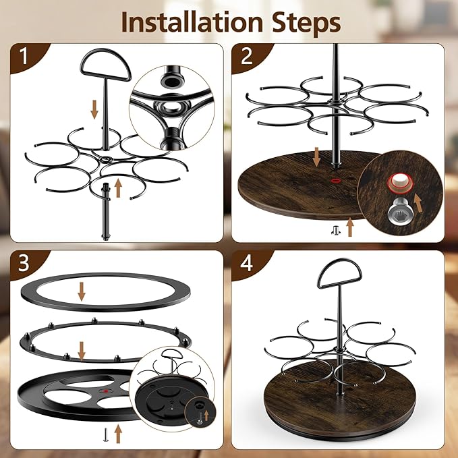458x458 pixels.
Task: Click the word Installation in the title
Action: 192,22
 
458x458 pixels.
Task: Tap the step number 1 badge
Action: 24,56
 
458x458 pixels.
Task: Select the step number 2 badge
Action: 246,56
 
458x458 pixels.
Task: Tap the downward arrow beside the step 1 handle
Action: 94,109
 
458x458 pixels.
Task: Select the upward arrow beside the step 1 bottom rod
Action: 118,188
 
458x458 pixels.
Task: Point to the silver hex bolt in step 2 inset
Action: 398,209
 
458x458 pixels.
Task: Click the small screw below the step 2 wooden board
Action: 336,231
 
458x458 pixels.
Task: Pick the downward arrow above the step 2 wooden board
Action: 316,157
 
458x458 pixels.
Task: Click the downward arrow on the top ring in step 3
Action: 82,291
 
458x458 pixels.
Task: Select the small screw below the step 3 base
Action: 105,434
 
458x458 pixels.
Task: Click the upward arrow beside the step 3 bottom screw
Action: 118,434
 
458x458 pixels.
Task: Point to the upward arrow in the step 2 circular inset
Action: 418,203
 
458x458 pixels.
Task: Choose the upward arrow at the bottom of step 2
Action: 350,227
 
